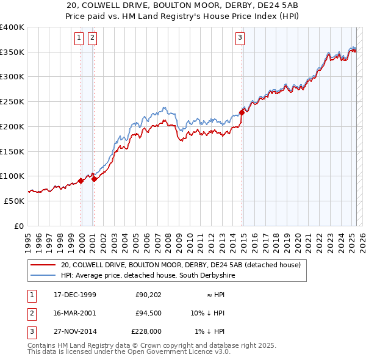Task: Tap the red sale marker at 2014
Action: click(242, 112)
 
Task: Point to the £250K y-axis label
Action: click(12, 101)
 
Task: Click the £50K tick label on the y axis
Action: click(15, 200)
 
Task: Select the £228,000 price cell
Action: click(146, 332)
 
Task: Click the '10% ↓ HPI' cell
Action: click(207, 314)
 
